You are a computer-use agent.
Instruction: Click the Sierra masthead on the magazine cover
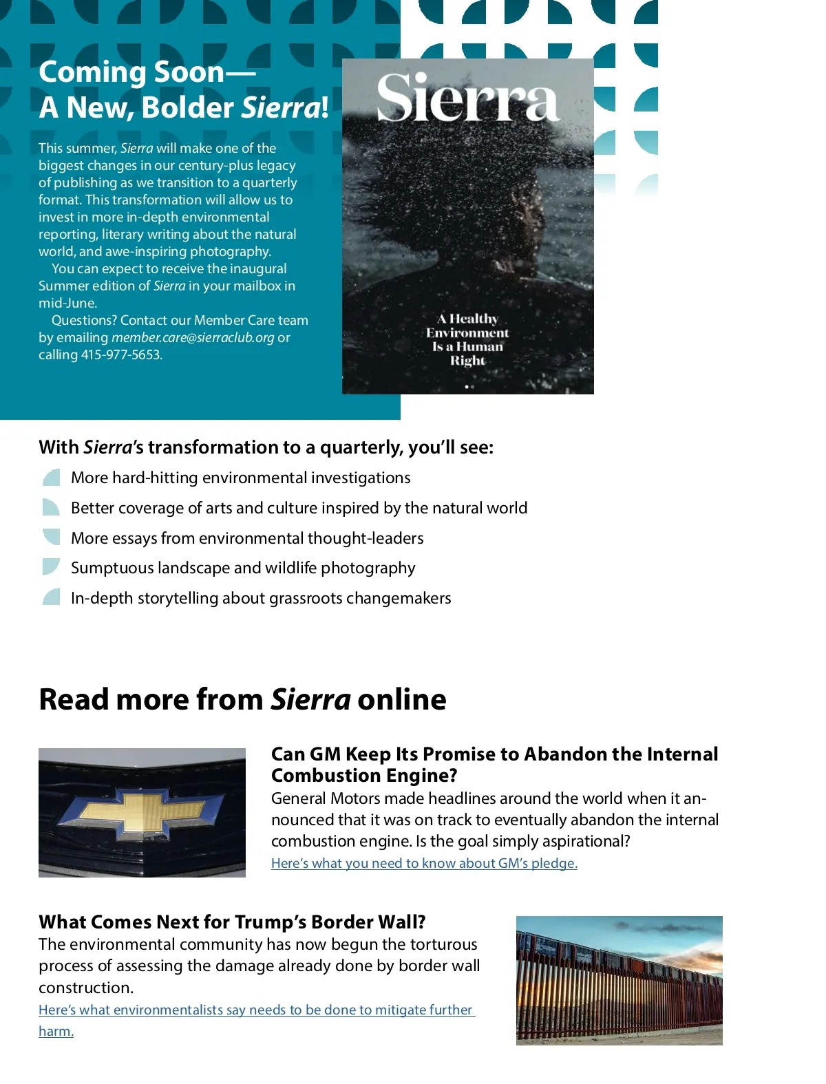pyautogui.click(x=468, y=98)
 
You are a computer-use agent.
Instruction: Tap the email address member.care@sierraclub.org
pyautogui.click(x=193, y=338)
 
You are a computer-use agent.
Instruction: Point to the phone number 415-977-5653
pyautogui.click(x=121, y=355)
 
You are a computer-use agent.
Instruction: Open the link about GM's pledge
pyautogui.click(x=424, y=863)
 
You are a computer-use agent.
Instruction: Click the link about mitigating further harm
pyautogui.click(x=256, y=1010)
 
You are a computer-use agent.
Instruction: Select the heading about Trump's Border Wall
pyautogui.click(x=232, y=922)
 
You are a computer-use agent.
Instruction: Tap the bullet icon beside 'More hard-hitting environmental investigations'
pyautogui.click(x=52, y=478)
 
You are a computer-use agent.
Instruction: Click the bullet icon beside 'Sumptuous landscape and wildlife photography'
pyautogui.click(x=52, y=567)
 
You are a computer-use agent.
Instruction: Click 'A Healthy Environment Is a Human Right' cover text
pyautogui.click(x=467, y=339)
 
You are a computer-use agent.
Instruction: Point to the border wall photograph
pyautogui.click(x=619, y=980)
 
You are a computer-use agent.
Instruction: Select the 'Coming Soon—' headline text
pyautogui.click(x=147, y=72)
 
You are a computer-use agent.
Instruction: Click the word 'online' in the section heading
pyautogui.click(x=401, y=699)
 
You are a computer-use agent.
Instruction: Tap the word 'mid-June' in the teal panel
pyautogui.click(x=67, y=304)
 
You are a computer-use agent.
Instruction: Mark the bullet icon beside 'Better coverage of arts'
pyautogui.click(x=52, y=508)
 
